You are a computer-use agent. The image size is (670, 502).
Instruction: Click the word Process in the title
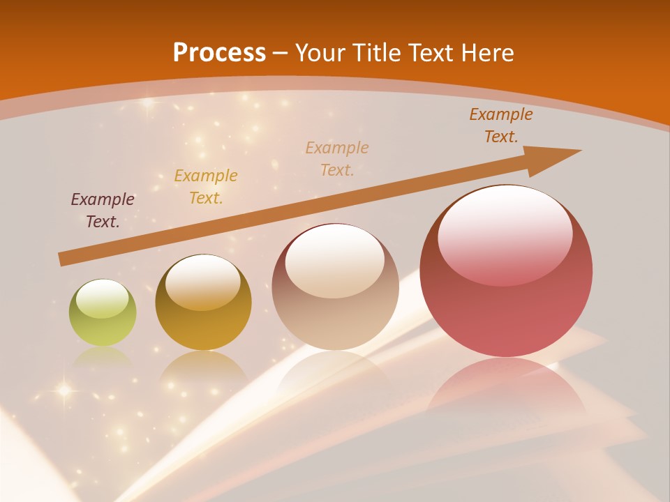(x=219, y=53)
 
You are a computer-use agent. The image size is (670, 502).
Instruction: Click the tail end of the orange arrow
(x=63, y=259)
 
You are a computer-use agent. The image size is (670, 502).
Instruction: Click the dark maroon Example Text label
(x=103, y=211)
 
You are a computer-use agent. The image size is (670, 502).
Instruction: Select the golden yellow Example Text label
(x=206, y=187)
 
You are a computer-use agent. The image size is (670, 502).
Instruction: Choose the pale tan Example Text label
(x=337, y=158)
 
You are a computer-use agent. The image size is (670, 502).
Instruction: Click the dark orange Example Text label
(x=500, y=125)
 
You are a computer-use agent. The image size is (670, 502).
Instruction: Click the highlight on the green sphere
(x=103, y=298)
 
